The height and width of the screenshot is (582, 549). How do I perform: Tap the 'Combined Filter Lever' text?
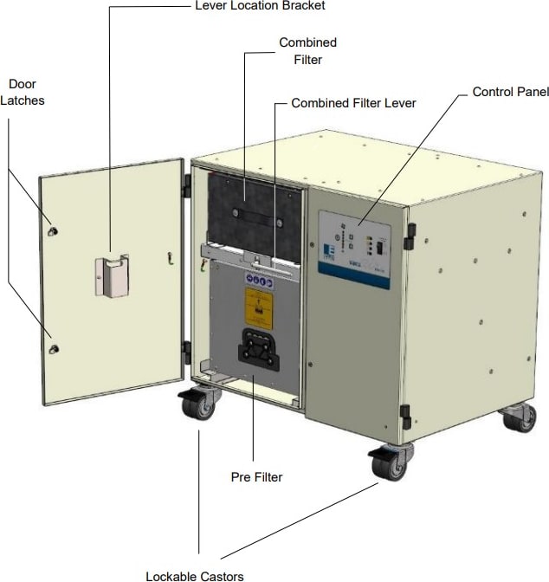(x=353, y=103)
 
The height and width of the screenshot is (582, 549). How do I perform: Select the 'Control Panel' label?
(x=510, y=92)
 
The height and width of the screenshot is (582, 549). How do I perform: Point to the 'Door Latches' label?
(x=27, y=92)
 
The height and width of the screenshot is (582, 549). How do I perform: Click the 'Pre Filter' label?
(x=256, y=476)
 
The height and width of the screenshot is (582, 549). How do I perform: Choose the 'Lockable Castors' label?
(x=195, y=575)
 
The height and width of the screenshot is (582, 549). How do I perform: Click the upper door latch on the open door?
(x=55, y=231)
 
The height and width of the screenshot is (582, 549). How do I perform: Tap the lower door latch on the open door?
(x=55, y=348)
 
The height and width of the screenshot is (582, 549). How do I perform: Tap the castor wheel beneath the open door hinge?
(x=200, y=405)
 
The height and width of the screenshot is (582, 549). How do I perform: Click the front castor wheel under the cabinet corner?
(x=389, y=464)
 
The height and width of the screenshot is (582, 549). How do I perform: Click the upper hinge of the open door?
(x=186, y=185)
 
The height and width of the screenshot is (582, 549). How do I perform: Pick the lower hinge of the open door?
(x=186, y=351)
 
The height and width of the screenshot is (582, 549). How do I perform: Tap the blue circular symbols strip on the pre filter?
(x=259, y=282)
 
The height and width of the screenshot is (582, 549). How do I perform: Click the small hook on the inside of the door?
(x=171, y=256)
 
